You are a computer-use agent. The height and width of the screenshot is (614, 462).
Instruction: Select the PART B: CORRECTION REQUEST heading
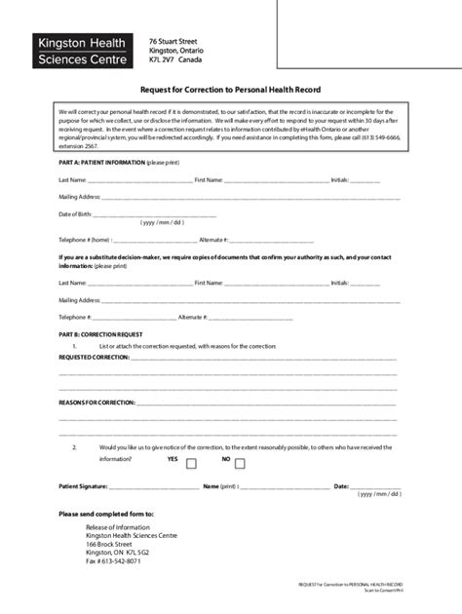tap(100, 333)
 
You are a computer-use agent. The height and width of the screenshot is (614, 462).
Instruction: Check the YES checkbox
tap(191, 464)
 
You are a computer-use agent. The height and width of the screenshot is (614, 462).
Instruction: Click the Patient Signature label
tap(83, 485)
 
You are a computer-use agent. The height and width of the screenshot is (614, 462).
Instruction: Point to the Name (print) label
tap(220, 485)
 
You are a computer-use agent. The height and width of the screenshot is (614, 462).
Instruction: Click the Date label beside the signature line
tap(341, 485)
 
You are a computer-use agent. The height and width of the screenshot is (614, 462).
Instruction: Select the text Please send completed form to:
tap(105, 513)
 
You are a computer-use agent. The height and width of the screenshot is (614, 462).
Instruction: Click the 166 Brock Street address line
tap(108, 544)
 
